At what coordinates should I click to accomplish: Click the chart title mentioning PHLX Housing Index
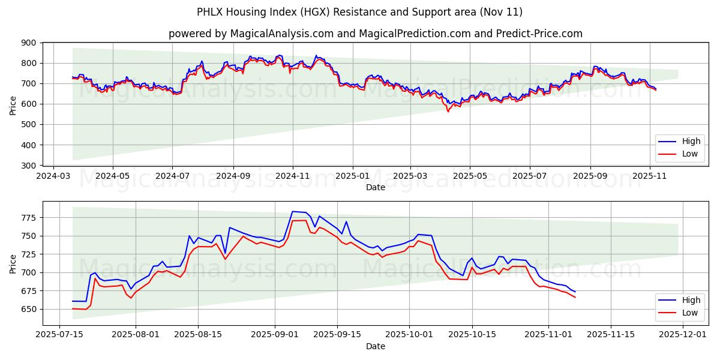(x=359, y=12)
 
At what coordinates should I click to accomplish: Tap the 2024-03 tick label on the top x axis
(x=54, y=176)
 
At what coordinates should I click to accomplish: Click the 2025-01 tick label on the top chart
(x=352, y=176)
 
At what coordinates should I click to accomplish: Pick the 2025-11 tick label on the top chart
(x=650, y=176)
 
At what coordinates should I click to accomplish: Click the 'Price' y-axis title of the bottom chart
(x=13, y=263)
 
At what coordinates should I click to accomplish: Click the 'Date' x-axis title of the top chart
(x=376, y=187)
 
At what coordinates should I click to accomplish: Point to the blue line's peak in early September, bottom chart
(x=293, y=211)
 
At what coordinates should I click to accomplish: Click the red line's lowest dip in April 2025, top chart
(x=448, y=112)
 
